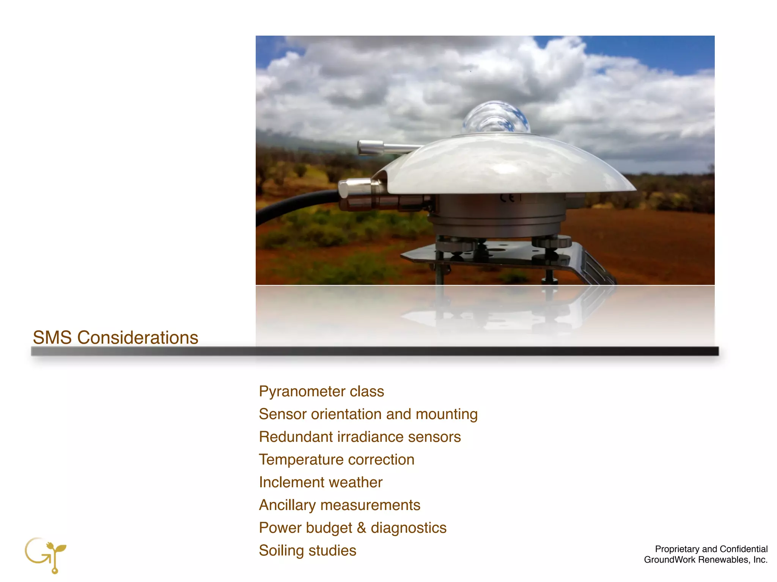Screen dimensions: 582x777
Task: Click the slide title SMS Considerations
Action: pos(115,337)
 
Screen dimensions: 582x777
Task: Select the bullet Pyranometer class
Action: pos(321,391)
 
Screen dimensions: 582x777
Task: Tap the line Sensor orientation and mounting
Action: pos(368,414)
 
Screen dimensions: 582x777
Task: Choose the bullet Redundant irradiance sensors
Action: pos(360,437)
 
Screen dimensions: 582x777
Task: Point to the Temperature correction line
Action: pos(337,460)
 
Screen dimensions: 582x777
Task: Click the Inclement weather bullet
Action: pos(321,482)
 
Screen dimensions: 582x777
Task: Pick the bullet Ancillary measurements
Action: pos(340,505)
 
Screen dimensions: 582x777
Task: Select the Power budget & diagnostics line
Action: pos(352,528)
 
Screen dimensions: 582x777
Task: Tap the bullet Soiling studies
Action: pos(307,551)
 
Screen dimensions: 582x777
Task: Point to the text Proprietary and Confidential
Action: pos(711,549)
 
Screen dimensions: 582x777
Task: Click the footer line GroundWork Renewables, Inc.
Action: pos(706,560)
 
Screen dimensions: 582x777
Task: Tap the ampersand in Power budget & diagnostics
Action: pos(361,528)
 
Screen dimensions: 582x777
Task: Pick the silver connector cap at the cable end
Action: pos(353,188)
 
